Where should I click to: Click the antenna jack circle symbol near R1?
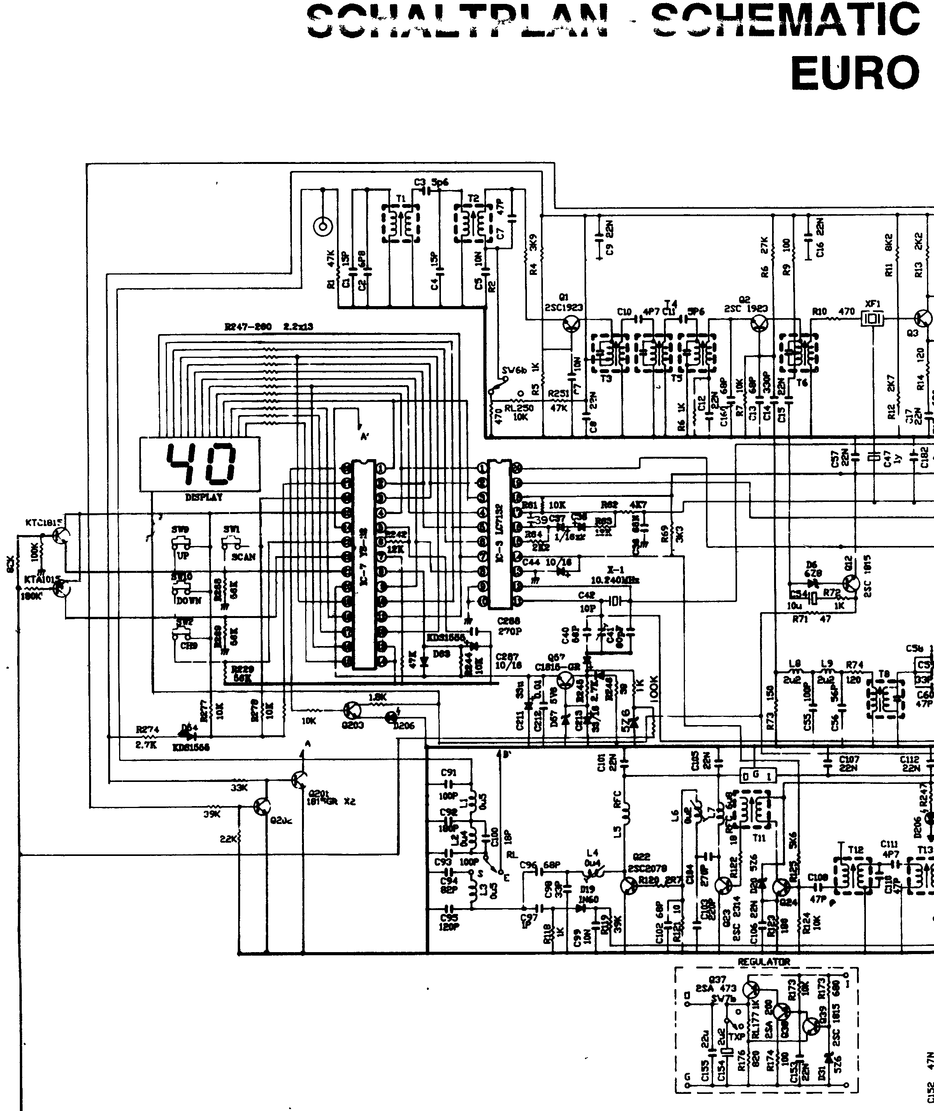[323, 227]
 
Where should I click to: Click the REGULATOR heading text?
[764, 961]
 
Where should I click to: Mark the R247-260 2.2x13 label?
[269, 327]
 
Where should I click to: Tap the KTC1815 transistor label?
[44, 522]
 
